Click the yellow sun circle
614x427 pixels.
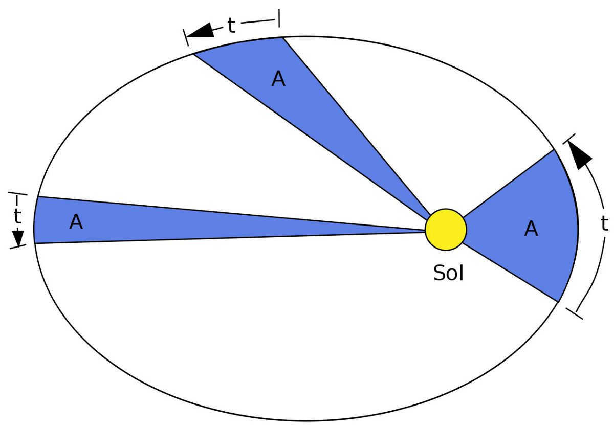[x=446, y=230]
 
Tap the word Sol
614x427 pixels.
[x=448, y=273]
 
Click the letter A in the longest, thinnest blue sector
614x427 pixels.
[x=76, y=222]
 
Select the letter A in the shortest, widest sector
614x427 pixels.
[x=531, y=229]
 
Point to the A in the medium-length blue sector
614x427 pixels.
[x=278, y=79]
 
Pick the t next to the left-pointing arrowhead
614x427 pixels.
[x=231, y=25]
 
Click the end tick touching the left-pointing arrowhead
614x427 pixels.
[x=186, y=37]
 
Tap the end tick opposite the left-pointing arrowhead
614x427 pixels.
[x=279, y=18]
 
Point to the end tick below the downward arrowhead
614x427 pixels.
[x=18, y=246]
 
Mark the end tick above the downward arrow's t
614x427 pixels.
[x=18, y=194]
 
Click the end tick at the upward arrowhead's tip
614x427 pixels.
[x=569, y=139]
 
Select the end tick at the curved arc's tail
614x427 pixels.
[x=575, y=313]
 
